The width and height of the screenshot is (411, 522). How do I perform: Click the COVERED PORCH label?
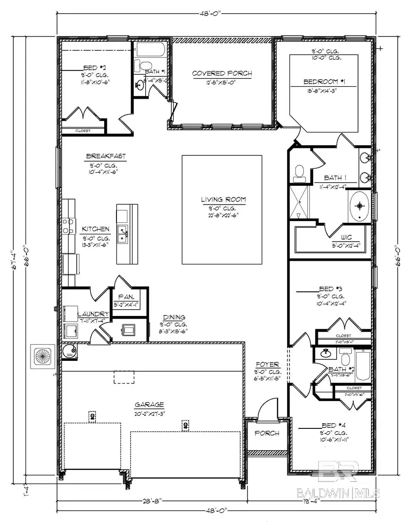[x=221, y=74]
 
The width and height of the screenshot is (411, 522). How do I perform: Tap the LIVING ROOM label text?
[x=223, y=199]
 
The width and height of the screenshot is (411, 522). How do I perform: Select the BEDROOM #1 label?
[x=324, y=82]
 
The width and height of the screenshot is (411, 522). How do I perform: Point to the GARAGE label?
[x=149, y=405]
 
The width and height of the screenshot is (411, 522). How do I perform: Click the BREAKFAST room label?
[x=105, y=156]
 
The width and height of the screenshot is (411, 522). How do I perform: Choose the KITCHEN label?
[x=95, y=229]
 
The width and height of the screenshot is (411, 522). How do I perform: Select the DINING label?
[x=174, y=317]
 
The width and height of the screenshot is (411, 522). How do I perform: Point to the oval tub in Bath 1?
[x=360, y=206]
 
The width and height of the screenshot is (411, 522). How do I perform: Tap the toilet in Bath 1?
[x=300, y=172]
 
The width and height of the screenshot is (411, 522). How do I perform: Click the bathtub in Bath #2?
[x=364, y=365]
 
